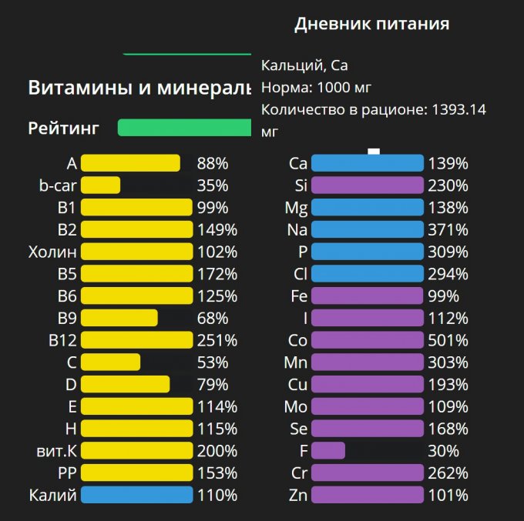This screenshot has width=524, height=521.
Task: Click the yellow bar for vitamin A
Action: coord(130,163)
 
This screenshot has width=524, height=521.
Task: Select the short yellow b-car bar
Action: coord(100,185)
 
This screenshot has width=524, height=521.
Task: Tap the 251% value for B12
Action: coord(217,340)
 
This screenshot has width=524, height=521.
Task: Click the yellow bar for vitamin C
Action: coord(110,362)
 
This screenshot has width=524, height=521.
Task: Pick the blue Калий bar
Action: coord(136,495)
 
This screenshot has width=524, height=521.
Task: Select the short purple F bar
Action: coord(327,451)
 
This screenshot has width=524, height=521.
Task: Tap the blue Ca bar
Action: coord(367,163)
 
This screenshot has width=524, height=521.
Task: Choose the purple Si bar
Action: coord(367,185)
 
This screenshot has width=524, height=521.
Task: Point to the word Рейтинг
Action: coord(63,128)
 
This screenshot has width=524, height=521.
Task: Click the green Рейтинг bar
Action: coord(184,128)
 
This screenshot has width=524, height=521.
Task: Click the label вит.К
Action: coord(54,451)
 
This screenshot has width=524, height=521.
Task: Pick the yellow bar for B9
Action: coord(119,318)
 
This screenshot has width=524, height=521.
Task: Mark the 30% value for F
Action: coord(445,451)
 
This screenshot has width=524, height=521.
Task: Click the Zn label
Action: coord(298,495)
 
